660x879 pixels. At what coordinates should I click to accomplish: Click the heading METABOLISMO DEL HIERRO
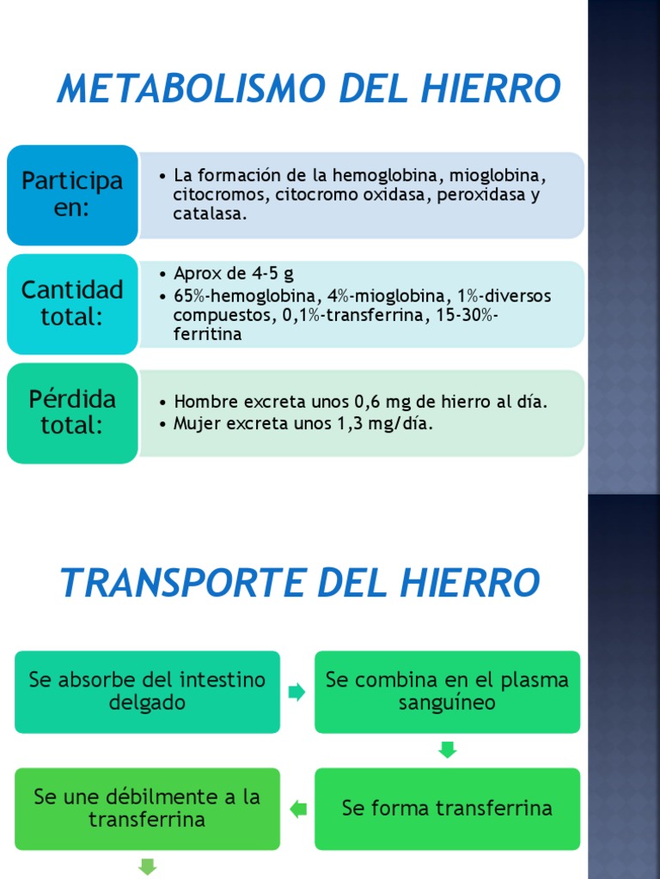pos(309,89)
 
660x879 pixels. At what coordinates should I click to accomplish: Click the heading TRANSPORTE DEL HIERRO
pos(300,584)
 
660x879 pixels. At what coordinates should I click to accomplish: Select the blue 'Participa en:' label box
pos(72,195)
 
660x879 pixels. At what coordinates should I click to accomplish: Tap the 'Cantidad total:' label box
pos(72,303)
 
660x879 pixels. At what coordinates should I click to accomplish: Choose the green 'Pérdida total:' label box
pos(72,413)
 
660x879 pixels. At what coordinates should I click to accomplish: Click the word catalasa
pos(210,215)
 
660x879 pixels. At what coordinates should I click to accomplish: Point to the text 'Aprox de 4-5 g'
pos(234,275)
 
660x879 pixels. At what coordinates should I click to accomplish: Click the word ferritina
pos(207,334)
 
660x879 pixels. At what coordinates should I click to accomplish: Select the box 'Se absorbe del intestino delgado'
pos(147,692)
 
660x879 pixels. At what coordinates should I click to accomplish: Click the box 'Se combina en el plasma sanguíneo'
pos(447,692)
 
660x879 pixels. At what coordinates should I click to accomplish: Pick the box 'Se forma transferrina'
pos(447,809)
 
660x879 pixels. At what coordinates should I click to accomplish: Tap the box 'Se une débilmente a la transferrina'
pos(147,809)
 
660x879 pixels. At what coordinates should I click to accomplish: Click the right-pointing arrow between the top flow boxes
pos(297,692)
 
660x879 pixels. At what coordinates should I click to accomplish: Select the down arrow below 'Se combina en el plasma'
pos(447,750)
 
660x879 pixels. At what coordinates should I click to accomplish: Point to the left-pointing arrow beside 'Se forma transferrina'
pos(297,809)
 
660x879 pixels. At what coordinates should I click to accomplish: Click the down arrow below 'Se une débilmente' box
pos(147,867)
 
